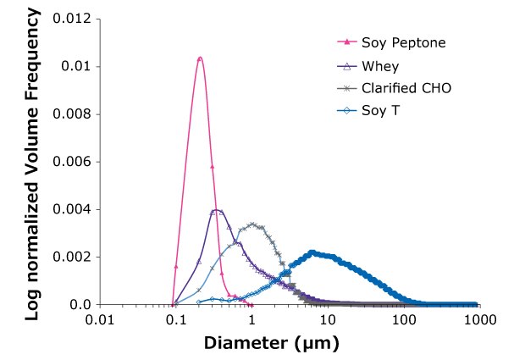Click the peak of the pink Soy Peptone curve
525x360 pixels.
point(199,58)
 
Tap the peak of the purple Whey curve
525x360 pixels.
point(217,209)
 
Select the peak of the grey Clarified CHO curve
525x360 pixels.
point(251,224)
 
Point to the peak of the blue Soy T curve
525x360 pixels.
point(312,252)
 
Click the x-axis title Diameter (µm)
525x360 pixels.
point(271,344)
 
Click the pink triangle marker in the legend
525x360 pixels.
point(345,42)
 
